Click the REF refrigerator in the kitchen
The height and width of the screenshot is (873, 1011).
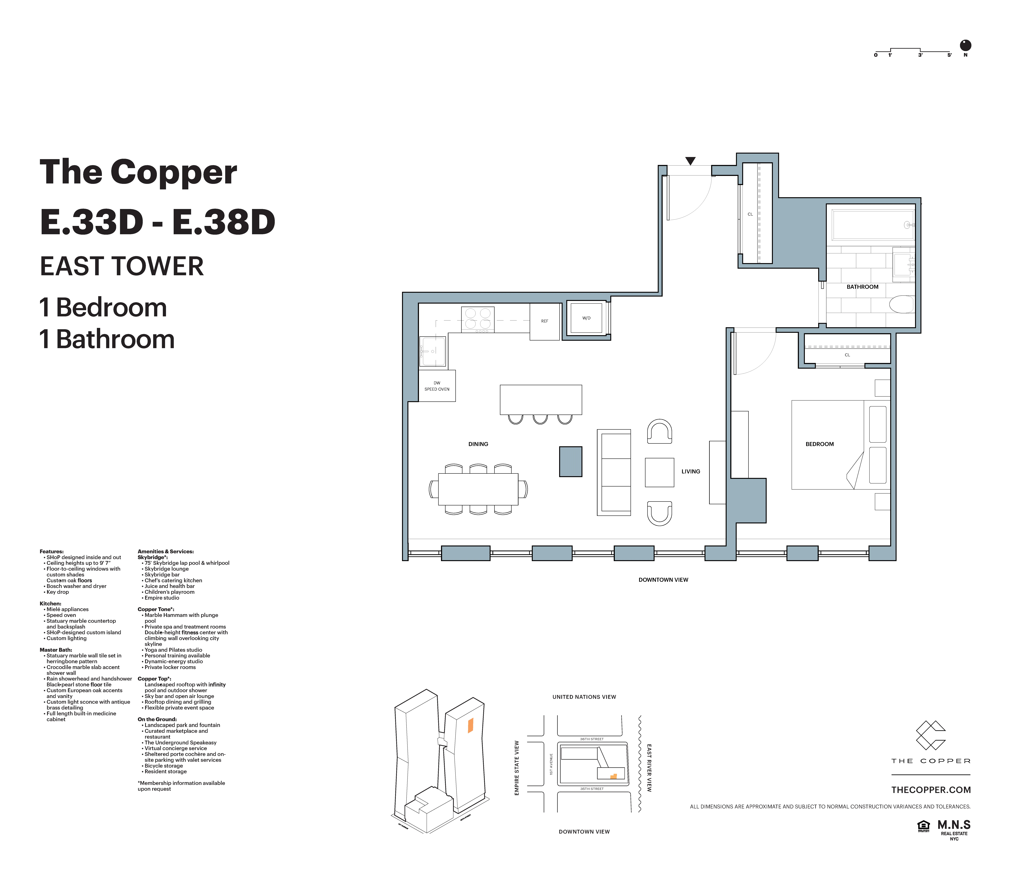[x=544, y=321]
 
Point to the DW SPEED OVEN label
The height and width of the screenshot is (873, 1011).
[x=437, y=386]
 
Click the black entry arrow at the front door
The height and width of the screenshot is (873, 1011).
[x=690, y=161]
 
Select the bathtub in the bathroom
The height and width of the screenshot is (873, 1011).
[x=872, y=225]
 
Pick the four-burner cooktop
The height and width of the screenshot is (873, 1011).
[x=478, y=319]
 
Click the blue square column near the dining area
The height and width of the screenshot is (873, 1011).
[x=570, y=461]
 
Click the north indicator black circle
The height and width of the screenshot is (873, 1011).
[x=965, y=45]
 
